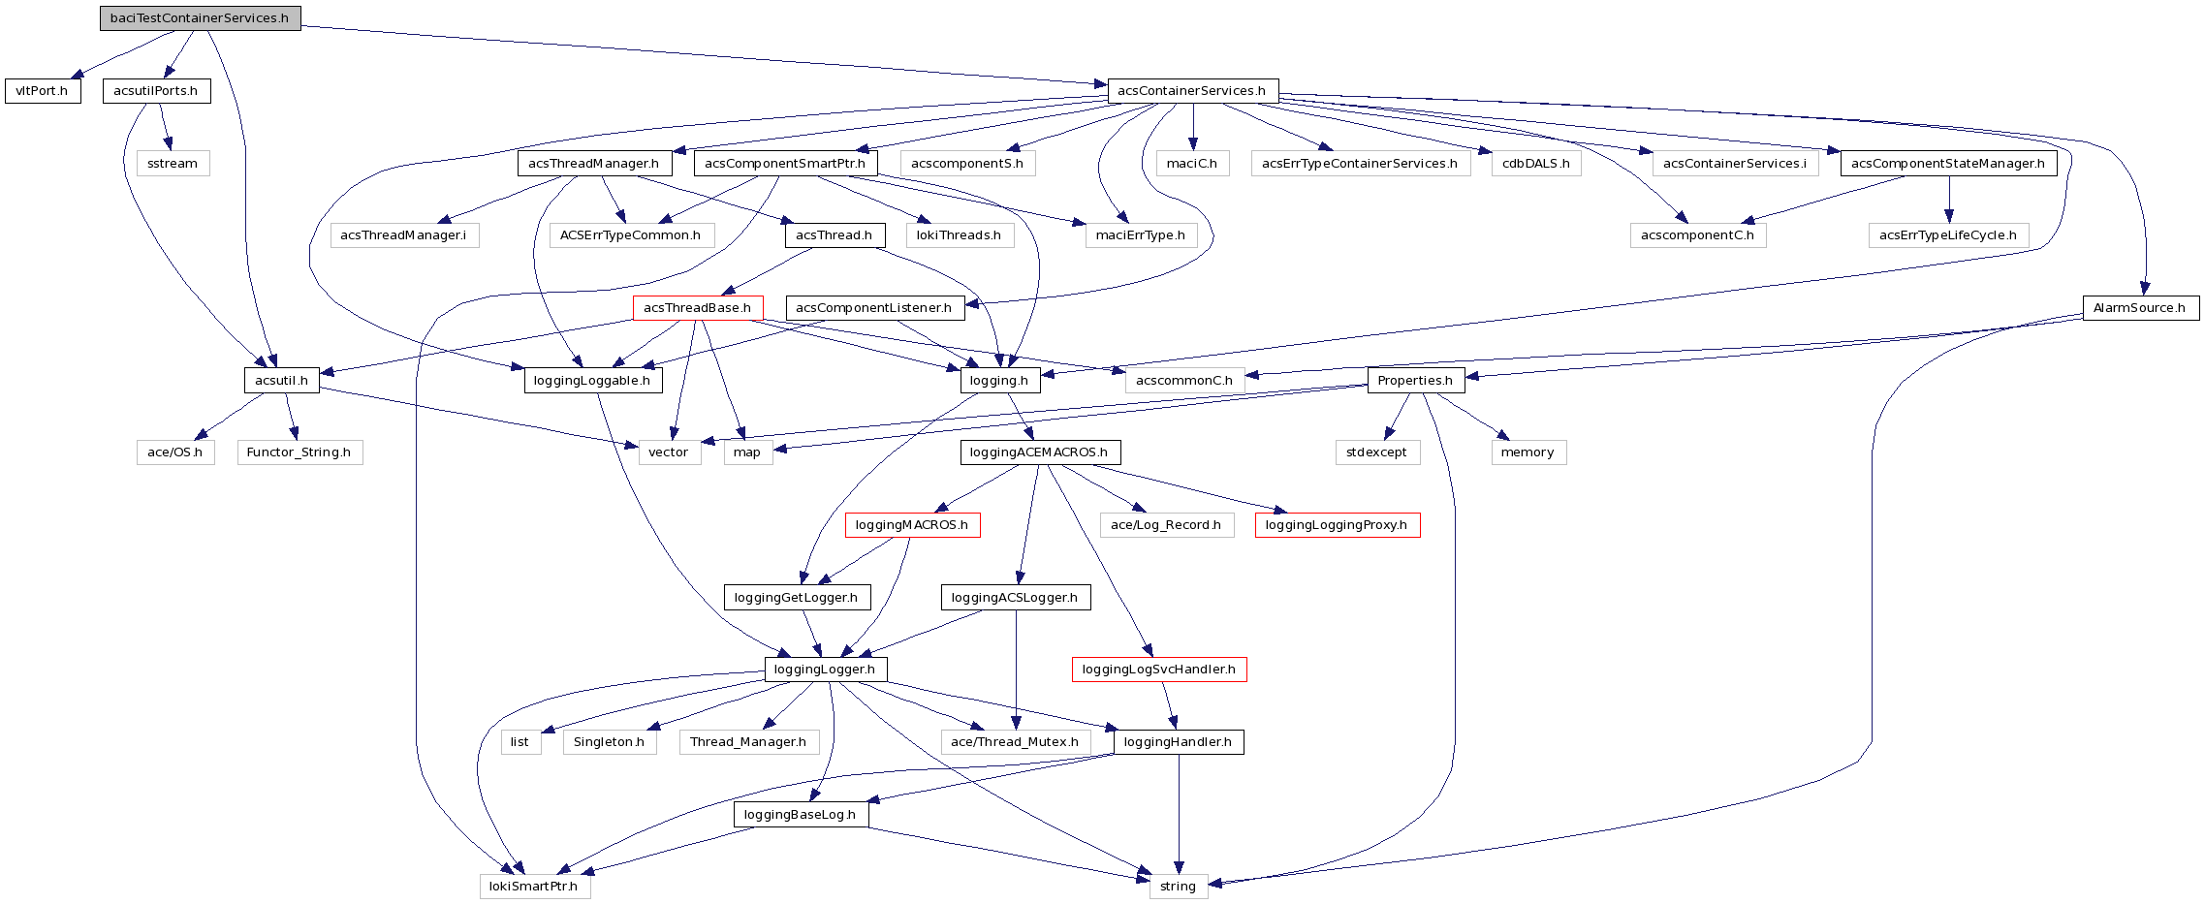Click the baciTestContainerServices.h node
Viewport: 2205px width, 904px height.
tap(200, 18)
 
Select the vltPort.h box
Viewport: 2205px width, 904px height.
tap(43, 91)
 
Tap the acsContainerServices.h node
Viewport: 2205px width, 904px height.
tap(1192, 91)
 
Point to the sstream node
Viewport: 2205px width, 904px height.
tap(173, 164)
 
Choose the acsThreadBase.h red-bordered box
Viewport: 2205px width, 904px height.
tap(698, 308)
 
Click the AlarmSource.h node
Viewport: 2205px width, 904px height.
tap(2140, 308)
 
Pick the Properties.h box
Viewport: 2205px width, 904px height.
tap(1415, 380)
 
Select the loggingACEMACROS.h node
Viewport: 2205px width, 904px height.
tap(1040, 452)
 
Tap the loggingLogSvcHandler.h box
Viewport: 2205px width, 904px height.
tap(1159, 670)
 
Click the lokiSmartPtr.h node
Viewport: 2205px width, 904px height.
tap(534, 887)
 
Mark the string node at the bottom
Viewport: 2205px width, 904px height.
tap(1179, 887)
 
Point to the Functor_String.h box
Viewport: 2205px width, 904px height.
tap(299, 452)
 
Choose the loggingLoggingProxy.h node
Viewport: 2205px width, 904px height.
tap(1337, 525)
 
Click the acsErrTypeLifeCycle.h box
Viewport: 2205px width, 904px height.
tap(1948, 235)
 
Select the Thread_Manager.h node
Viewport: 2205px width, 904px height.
tap(748, 742)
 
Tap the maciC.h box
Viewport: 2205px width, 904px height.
tap(1192, 164)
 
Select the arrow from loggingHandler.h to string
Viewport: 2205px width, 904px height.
tap(1179, 814)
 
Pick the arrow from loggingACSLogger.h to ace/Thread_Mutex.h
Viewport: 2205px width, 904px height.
tap(1016, 678)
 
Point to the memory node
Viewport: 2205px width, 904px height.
tap(1528, 452)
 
